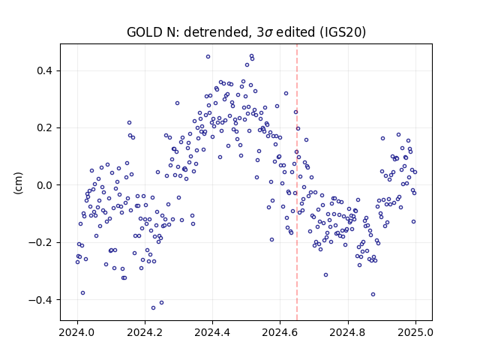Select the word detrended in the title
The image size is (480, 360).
click(215, 32)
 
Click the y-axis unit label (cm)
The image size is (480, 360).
click(18, 183)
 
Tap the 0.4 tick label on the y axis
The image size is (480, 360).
click(44, 70)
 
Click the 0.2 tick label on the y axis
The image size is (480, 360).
click(44, 128)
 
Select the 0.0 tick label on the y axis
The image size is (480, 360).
click(44, 185)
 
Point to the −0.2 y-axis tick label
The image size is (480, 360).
click(40, 242)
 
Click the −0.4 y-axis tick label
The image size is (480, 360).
click(40, 300)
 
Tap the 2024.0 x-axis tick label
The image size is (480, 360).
click(77, 332)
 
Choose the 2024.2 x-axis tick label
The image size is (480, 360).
click(145, 332)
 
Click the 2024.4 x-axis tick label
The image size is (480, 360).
click(212, 332)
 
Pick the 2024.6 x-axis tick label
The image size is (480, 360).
click(280, 332)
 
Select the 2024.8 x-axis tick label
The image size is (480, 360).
click(348, 332)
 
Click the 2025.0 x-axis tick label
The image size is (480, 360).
click(415, 332)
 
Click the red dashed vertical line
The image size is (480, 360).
click(297, 182)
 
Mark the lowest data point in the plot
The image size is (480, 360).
click(153, 308)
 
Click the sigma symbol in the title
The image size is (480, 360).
click(268, 33)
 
